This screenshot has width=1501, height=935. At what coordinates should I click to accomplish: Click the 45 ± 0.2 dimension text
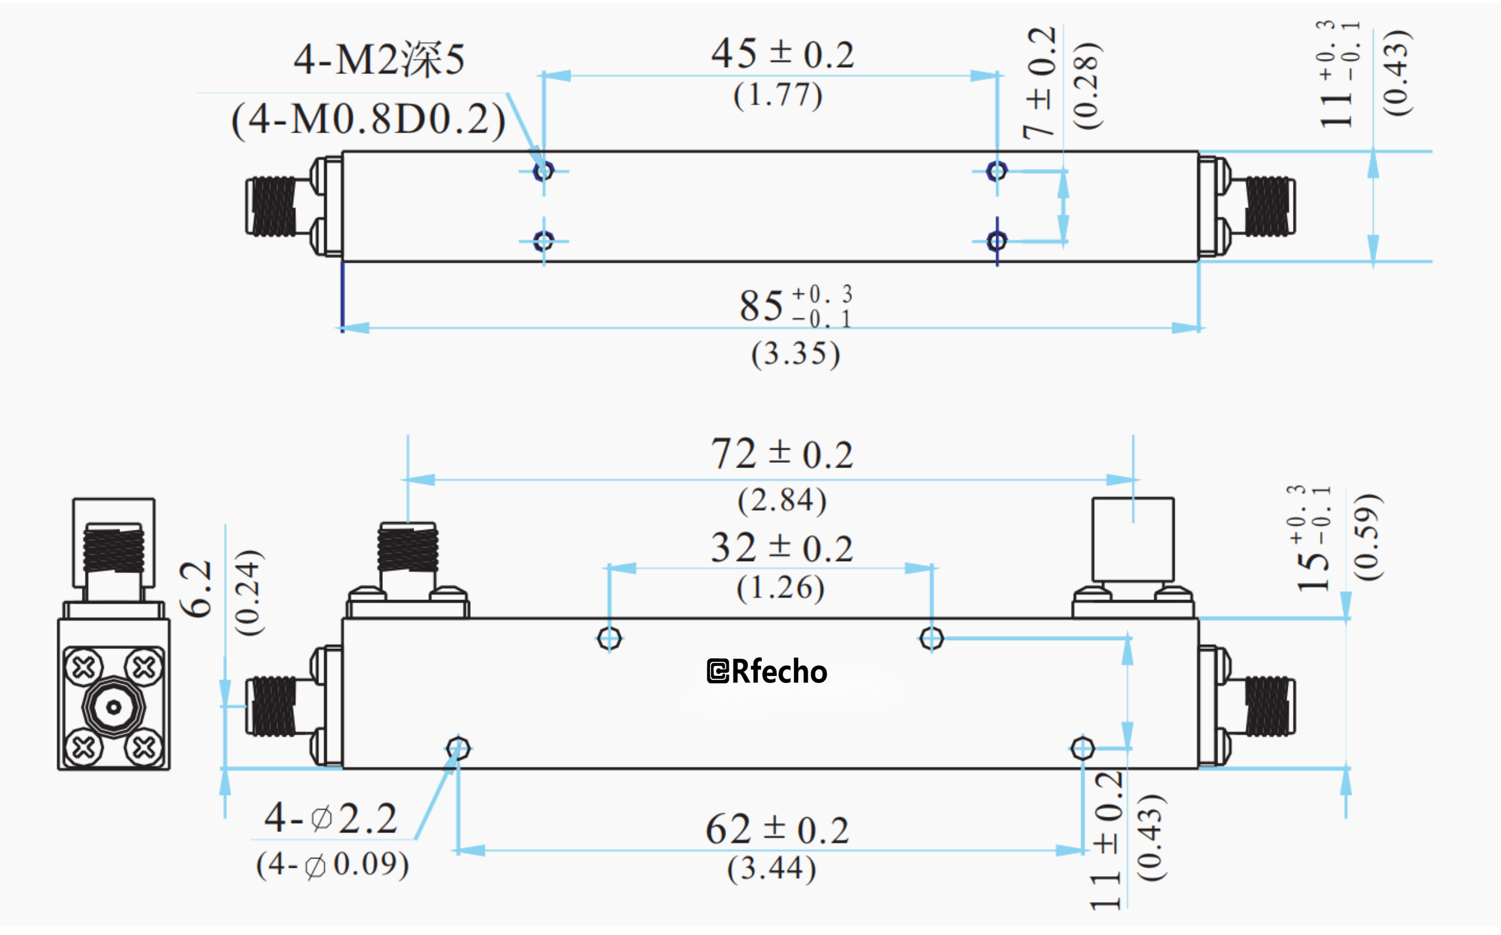pyautogui.click(x=782, y=54)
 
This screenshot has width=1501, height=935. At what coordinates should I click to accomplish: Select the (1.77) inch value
pyautogui.click(x=778, y=95)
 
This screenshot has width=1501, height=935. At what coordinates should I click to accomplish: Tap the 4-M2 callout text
pyautogui.click(x=379, y=59)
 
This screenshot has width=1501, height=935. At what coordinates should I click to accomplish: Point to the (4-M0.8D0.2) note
pyautogui.click(x=368, y=120)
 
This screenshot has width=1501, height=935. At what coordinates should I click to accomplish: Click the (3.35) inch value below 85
pyautogui.click(x=795, y=354)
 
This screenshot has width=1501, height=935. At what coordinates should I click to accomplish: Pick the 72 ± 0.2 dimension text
pyautogui.click(x=782, y=455)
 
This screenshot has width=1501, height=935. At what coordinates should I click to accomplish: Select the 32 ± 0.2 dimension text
pyautogui.click(x=782, y=549)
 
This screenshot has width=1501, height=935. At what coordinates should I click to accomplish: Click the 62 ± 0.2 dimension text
pyautogui.click(x=777, y=830)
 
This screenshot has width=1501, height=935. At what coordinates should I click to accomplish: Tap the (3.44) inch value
pyautogui.click(x=771, y=869)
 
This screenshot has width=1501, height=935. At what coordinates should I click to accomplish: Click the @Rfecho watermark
pyautogui.click(x=766, y=672)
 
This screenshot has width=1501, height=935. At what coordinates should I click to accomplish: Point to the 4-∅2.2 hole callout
pyautogui.click(x=331, y=819)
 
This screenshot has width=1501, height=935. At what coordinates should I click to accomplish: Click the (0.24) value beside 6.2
pyautogui.click(x=249, y=592)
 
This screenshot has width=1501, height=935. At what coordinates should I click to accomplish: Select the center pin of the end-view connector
pyautogui.click(x=114, y=707)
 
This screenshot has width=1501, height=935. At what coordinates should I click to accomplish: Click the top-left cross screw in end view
pyautogui.click(x=84, y=668)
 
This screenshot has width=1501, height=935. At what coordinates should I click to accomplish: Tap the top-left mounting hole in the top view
pyautogui.click(x=543, y=171)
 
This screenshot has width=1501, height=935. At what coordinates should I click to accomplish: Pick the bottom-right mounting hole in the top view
pyautogui.click(x=997, y=241)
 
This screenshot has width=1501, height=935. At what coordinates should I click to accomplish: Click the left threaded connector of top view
pyautogui.click(x=272, y=206)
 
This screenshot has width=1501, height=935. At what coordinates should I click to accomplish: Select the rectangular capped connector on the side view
pyautogui.click(x=1133, y=539)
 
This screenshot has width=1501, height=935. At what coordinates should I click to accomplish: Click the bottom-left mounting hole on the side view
pyautogui.click(x=458, y=749)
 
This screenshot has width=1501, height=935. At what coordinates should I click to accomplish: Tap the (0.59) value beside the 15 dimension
pyautogui.click(x=1366, y=537)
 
